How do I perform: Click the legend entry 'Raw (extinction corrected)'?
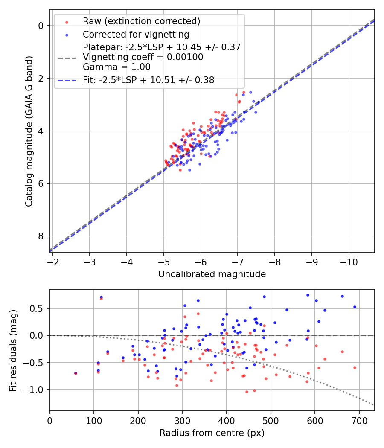coord(141,21)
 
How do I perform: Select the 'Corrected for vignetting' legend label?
coord(136,34)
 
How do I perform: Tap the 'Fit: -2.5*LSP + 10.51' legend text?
coord(148,80)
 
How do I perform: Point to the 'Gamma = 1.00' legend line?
coord(116,67)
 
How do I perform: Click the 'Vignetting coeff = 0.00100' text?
coord(143,57)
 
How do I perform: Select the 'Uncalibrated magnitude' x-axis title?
coord(212,274)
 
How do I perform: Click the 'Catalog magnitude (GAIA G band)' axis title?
coord(29,131)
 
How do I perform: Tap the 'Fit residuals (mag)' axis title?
coord(13,350)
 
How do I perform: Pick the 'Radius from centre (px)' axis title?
coord(212,433)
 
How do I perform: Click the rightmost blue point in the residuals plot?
coord(355,307)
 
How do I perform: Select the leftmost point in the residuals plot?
coord(76,373)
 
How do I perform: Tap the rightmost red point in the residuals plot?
coord(355,367)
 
